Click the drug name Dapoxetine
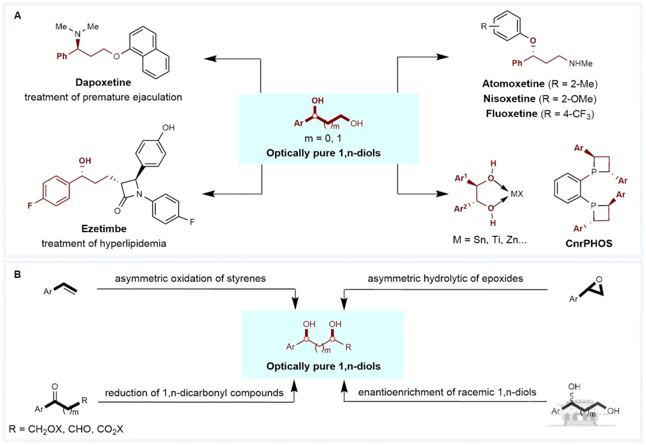[103, 83]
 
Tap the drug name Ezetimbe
[104, 228]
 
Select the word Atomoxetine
[513, 84]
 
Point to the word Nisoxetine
[509, 99]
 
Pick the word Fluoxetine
[511, 113]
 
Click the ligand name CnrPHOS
[589, 243]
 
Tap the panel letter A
[17, 16]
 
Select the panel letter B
[17, 275]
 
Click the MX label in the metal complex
[517, 194]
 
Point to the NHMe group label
[580, 63]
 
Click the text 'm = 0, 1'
[323, 138]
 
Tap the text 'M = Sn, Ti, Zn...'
[489, 240]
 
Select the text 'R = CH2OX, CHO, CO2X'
[66, 429]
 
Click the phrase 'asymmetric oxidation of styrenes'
[190, 279]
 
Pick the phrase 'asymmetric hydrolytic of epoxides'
[446, 279]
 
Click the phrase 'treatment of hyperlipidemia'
[104, 243]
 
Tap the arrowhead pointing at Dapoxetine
[210, 59]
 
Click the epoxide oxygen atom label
[599, 279]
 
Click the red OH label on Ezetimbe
[85, 161]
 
